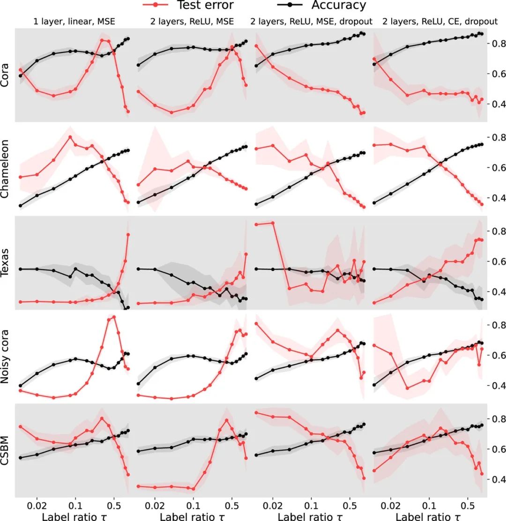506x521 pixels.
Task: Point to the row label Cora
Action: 7,75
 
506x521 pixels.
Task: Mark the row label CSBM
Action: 7,450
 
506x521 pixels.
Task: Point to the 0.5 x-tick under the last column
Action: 467,503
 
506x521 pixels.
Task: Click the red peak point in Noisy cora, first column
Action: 113,317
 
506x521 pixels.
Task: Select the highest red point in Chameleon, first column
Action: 70,137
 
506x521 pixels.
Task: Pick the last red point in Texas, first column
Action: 128,235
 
